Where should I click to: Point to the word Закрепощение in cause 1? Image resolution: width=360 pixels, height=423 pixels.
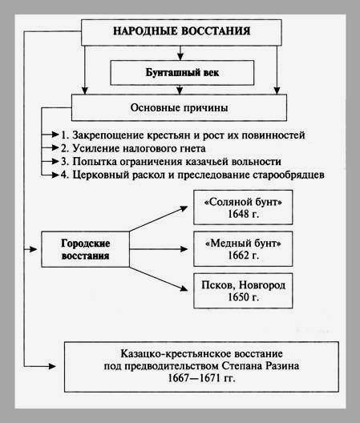pos(108,135)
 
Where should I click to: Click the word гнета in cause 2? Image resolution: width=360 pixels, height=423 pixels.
pos(192,148)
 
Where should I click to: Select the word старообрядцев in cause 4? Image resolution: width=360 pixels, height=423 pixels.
pos(289,175)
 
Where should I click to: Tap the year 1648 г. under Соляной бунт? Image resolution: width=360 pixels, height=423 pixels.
pos(243,214)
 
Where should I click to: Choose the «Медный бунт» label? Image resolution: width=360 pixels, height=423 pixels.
pos(243,244)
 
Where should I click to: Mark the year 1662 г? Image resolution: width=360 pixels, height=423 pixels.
pos(243,256)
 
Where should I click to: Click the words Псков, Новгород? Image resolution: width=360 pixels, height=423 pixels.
pos(243,285)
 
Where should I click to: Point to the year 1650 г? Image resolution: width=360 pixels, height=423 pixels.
pos(243,297)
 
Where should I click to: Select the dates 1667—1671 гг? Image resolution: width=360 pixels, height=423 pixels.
pos(201,378)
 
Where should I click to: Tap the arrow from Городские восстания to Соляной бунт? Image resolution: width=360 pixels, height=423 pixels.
pos(159,219)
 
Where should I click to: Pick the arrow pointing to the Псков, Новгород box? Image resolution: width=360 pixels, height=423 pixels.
pos(159,279)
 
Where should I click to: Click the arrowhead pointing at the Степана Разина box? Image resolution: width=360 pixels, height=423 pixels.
pos(52,366)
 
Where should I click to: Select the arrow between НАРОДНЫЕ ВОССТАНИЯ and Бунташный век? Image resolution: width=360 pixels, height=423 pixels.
pos(180,53)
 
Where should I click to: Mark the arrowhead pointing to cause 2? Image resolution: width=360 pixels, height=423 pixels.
pos(55,148)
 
